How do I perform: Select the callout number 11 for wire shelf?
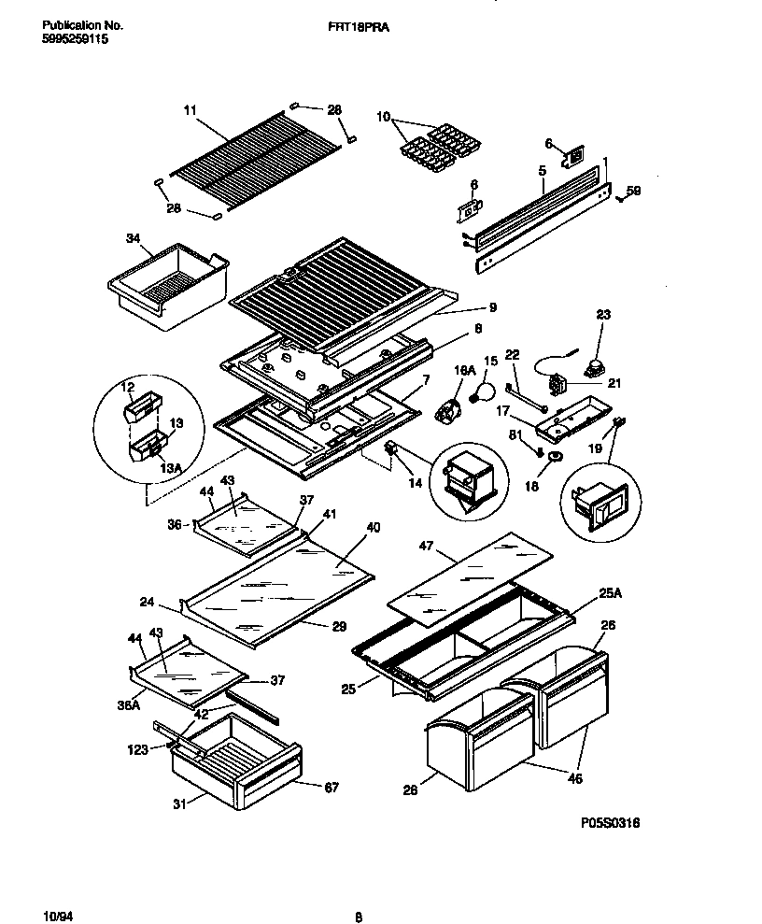(x=190, y=111)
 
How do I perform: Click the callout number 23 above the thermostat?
(x=603, y=316)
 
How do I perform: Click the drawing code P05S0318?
(x=610, y=822)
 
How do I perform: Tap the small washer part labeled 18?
(x=554, y=457)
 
